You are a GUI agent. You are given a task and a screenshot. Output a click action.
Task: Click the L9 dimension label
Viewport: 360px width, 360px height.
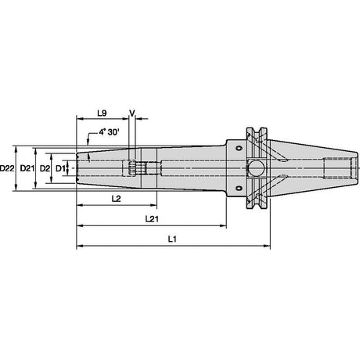[x=102, y=113]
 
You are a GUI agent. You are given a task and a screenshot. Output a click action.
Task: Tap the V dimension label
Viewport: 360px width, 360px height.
[x=132, y=113]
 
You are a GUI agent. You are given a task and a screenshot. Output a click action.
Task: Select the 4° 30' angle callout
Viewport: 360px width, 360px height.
[x=109, y=132]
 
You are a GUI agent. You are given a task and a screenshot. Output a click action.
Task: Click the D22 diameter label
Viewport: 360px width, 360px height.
[x=7, y=168]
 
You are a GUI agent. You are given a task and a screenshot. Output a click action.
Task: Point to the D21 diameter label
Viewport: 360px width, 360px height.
[x=27, y=168]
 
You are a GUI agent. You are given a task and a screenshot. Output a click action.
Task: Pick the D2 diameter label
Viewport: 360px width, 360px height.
[x=45, y=168]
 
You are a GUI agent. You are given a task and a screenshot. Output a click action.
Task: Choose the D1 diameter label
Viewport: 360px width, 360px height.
[x=60, y=168]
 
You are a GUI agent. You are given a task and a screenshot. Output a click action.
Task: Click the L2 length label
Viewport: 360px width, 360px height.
[x=116, y=199]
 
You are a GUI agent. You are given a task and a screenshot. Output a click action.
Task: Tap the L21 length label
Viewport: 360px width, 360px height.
[x=152, y=218]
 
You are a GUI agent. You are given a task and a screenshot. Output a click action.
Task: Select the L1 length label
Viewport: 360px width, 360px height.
[x=172, y=239]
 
